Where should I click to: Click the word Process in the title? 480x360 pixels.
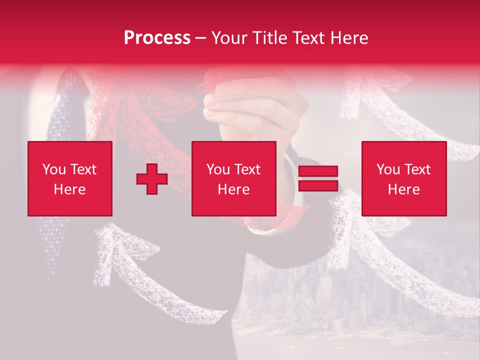pos(157,38)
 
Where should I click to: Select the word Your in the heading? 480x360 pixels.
pos(228,38)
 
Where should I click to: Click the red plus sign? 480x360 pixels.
pos(152,179)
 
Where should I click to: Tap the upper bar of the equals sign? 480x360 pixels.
pos(318,171)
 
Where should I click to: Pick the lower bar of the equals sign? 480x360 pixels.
pos(318,185)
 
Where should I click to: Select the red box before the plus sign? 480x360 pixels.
pos(70,178)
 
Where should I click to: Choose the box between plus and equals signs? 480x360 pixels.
pos(233,178)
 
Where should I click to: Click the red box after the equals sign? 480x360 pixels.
pos(403,178)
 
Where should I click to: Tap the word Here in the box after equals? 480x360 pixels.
pos(403,189)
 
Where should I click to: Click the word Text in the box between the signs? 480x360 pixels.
pos(247,169)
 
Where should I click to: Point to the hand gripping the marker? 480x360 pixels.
pos(250,100)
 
